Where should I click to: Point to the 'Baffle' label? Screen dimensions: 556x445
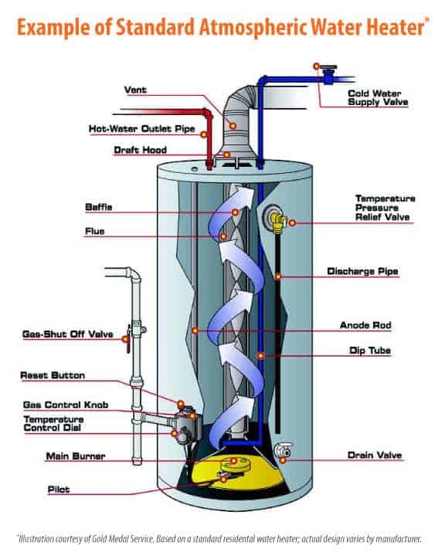pyautogui.click(x=100, y=207)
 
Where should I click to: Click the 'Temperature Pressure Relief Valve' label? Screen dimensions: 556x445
pyautogui.click(x=384, y=208)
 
